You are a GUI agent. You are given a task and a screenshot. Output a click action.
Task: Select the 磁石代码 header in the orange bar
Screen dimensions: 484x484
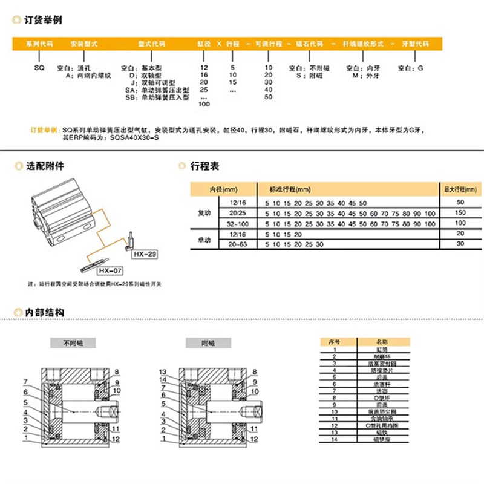point(309,45)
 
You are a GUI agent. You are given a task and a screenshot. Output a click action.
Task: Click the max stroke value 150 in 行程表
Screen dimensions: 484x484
point(460,213)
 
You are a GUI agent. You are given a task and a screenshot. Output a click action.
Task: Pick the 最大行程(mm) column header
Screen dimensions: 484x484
point(460,189)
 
